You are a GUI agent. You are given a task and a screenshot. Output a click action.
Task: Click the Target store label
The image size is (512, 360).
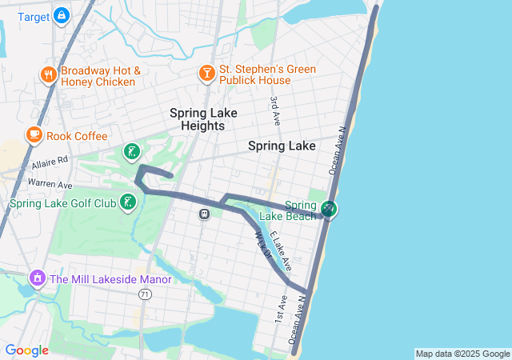point(33,16)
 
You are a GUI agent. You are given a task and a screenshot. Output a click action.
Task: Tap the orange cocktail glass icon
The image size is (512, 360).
point(206,74)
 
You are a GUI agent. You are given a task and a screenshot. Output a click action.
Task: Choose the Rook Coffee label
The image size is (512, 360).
point(77,136)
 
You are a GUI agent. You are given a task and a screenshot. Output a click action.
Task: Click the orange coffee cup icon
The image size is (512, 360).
point(34,134)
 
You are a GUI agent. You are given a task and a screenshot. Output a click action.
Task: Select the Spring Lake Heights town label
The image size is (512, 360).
point(203,119)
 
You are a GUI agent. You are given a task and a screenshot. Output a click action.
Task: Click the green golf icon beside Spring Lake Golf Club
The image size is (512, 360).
point(128,202)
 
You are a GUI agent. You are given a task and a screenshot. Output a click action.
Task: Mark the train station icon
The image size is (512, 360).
point(205,214)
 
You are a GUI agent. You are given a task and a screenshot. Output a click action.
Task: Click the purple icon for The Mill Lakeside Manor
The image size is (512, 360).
point(37,279)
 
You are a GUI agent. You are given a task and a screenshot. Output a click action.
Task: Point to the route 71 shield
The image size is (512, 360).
point(145,294)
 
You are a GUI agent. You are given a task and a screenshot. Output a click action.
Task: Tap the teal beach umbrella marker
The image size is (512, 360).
point(329,210)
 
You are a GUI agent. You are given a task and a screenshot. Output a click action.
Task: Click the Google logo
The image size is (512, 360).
point(27,350)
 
